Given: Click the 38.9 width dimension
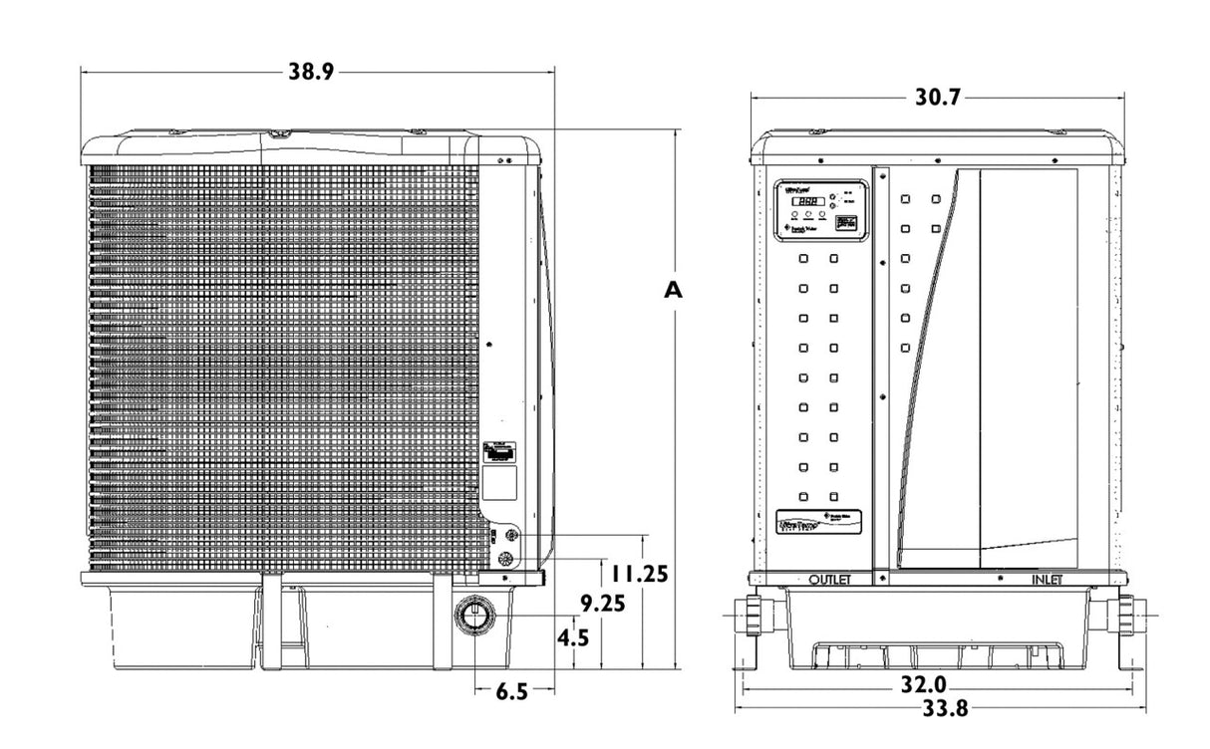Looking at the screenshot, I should point(312,73).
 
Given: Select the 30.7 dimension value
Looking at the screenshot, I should point(938,98).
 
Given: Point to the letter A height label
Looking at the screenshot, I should point(674,290).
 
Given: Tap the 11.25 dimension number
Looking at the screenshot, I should point(639,575).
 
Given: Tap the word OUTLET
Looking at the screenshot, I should point(830,580).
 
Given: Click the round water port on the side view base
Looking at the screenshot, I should point(473,616).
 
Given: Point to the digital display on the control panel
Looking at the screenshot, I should point(808,201).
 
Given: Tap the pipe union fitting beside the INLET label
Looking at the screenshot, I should point(1123,616).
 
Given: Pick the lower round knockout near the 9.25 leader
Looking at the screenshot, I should point(509,561).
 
